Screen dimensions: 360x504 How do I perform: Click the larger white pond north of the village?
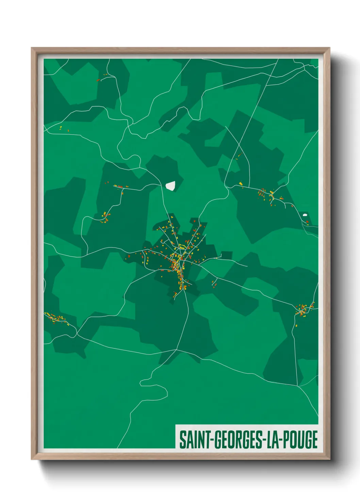coord(170,186)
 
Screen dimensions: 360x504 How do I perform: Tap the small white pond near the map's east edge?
coord(305,215)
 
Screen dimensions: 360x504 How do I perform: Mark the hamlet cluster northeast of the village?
coord(269,196)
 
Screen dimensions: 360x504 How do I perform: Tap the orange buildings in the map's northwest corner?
coord(102,78)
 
